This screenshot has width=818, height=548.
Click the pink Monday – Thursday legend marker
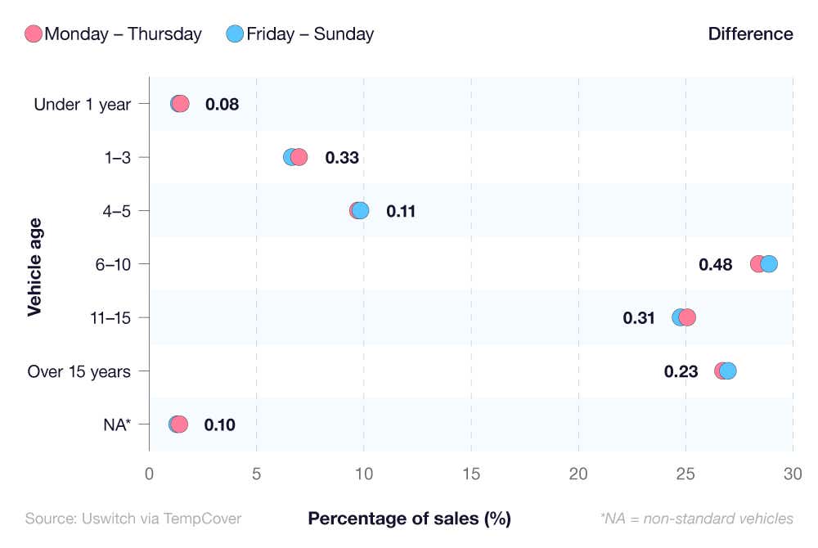tap(34, 34)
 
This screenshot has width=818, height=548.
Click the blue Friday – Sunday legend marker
tap(236, 34)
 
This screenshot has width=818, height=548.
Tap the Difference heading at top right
tap(750, 34)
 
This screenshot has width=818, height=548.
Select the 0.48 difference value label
tap(715, 264)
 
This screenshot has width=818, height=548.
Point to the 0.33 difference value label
tap(342, 158)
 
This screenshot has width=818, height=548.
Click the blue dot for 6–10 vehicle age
tap(769, 263)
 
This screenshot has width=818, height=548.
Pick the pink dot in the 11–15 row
tap(687, 317)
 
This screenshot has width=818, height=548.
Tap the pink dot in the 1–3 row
tap(299, 157)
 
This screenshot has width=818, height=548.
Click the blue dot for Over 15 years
tap(728, 371)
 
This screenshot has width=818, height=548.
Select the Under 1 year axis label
tap(82, 104)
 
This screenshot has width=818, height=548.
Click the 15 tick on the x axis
tap(471, 474)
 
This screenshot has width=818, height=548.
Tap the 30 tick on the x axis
tap(793, 474)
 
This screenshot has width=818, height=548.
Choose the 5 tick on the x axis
tap(257, 474)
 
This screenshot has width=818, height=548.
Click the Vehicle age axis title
tap(34, 265)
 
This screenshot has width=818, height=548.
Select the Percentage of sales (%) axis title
tap(409, 519)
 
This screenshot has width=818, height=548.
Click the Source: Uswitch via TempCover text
tap(133, 519)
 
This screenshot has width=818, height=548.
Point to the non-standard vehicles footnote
tap(696, 519)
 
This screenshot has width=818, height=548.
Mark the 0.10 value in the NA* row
tap(219, 424)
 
